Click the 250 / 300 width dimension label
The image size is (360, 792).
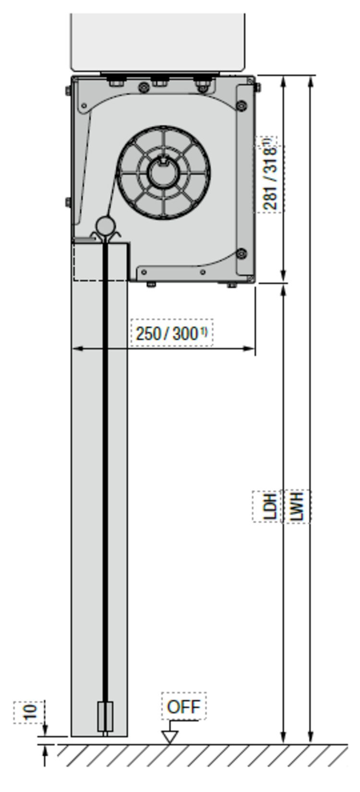pyautogui.click(x=171, y=333)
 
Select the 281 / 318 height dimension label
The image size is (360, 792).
pyautogui.click(x=270, y=174)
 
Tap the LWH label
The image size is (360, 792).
pyautogui.click(x=297, y=506)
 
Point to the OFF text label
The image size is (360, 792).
pyautogui.click(x=183, y=706)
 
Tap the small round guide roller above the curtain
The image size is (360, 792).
pyautogui.click(x=106, y=225)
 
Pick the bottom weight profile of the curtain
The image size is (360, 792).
pyautogui.click(x=106, y=718)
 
